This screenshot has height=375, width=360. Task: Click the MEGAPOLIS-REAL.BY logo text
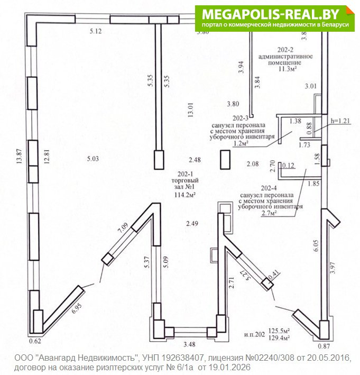click(x=270, y=14)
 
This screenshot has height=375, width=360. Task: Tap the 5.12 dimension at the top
click(x=96, y=31)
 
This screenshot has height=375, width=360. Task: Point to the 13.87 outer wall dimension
click(x=19, y=156)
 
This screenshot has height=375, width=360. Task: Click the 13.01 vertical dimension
click(x=190, y=110)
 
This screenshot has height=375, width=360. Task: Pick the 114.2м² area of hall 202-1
click(x=185, y=195)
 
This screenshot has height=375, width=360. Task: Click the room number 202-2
click(x=285, y=50)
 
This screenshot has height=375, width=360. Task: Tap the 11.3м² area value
click(x=288, y=69)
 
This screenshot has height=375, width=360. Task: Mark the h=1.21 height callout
click(x=340, y=121)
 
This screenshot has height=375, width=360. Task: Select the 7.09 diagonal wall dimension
click(x=123, y=227)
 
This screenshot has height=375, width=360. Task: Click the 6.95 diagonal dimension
click(x=77, y=308)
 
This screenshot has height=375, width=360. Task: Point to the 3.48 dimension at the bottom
click(x=189, y=344)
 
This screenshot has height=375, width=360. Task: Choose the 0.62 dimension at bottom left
click(x=35, y=341)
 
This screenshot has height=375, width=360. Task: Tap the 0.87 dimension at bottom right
click(x=324, y=346)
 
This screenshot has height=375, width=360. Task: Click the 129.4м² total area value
click(x=279, y=337)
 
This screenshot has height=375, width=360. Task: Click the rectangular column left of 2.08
click(x=225, y=160)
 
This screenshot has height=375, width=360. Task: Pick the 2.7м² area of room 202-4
click(x=269, y=213)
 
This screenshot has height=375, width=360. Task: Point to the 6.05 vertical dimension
click(x=316, y=245)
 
